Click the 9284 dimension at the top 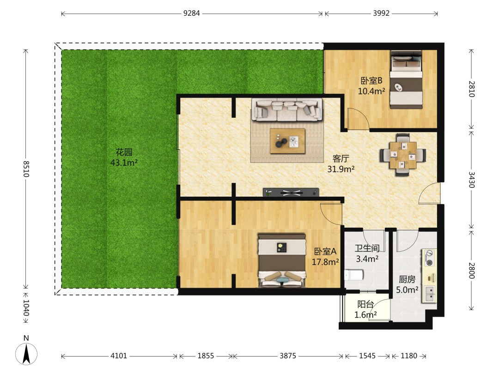(192, 13)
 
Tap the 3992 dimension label (381, 13)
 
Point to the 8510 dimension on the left (26, 169)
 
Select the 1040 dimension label (26, 308)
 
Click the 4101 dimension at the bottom (119, 356)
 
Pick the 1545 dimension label (367, 356)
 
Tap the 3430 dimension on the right (472, 180)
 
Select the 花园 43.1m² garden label (124, 157)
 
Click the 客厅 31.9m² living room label (341, 164)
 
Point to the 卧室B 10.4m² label (371, 86)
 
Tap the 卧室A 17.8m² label (325, 257)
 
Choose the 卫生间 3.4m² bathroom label (367, 253)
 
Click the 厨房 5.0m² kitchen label (407, 284)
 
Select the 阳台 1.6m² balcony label (365, 309)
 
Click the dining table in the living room (403, 155)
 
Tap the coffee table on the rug (288, 141)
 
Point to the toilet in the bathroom (354, 275)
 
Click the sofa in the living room (287, 110)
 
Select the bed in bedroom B (407, 79)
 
